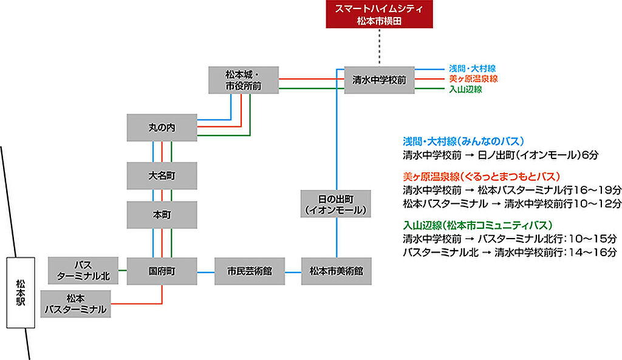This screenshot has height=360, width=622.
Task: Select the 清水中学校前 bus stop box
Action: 379,80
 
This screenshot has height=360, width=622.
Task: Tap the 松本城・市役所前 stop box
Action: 243,80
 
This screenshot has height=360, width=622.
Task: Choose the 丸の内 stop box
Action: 162,128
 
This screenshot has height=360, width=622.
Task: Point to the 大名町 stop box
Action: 162,176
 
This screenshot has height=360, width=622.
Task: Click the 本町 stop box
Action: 162,215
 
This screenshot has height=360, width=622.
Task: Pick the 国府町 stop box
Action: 162,271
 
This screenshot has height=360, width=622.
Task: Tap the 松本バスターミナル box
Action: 76,304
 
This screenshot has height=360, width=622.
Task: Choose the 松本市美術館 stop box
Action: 336,271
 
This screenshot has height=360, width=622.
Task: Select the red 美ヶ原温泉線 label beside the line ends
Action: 473,79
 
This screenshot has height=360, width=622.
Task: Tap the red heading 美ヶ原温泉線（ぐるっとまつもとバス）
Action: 480,177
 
